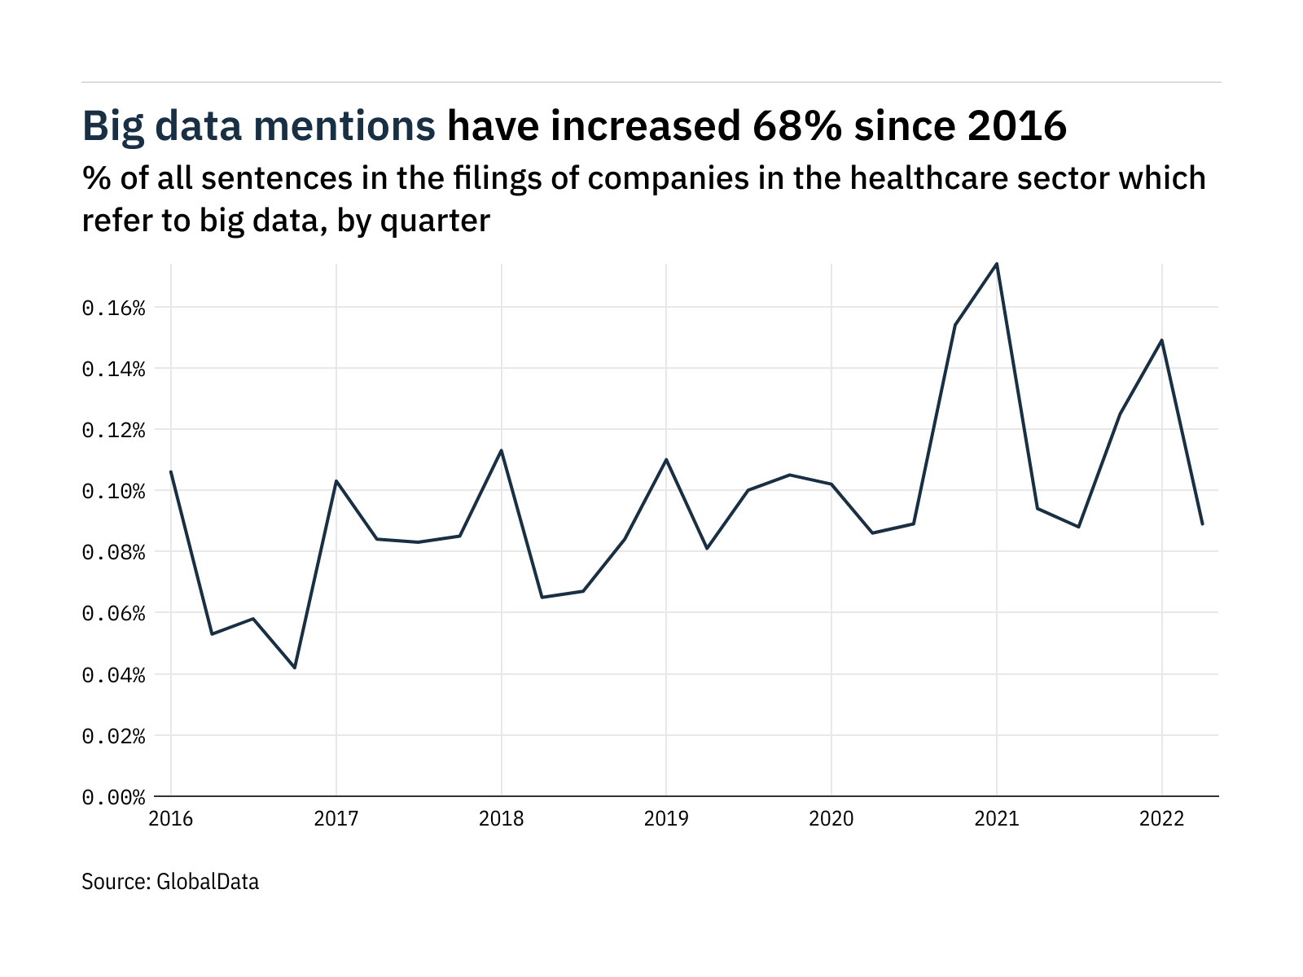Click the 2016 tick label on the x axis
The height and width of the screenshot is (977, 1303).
point(171,818)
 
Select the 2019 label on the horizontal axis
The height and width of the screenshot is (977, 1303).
point(666,818)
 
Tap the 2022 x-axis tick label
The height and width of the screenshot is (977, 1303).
point(1161,818)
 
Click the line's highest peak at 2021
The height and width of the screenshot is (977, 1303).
point(997,264)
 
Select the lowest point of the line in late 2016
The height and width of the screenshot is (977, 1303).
point(295,668)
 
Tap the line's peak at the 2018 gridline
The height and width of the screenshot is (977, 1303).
point(501,450)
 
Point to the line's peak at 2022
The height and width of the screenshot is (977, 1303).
point(1161,340)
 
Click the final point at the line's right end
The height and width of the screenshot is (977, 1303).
point(1203,524)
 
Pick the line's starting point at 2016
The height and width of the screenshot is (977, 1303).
point(171,471)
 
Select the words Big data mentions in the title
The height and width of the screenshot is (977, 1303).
point(259,127)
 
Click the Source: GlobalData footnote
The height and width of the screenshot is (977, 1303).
point(170,882)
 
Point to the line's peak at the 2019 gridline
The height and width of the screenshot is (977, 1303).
point(666,459)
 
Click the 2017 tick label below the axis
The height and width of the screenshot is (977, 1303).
point(336,818)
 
